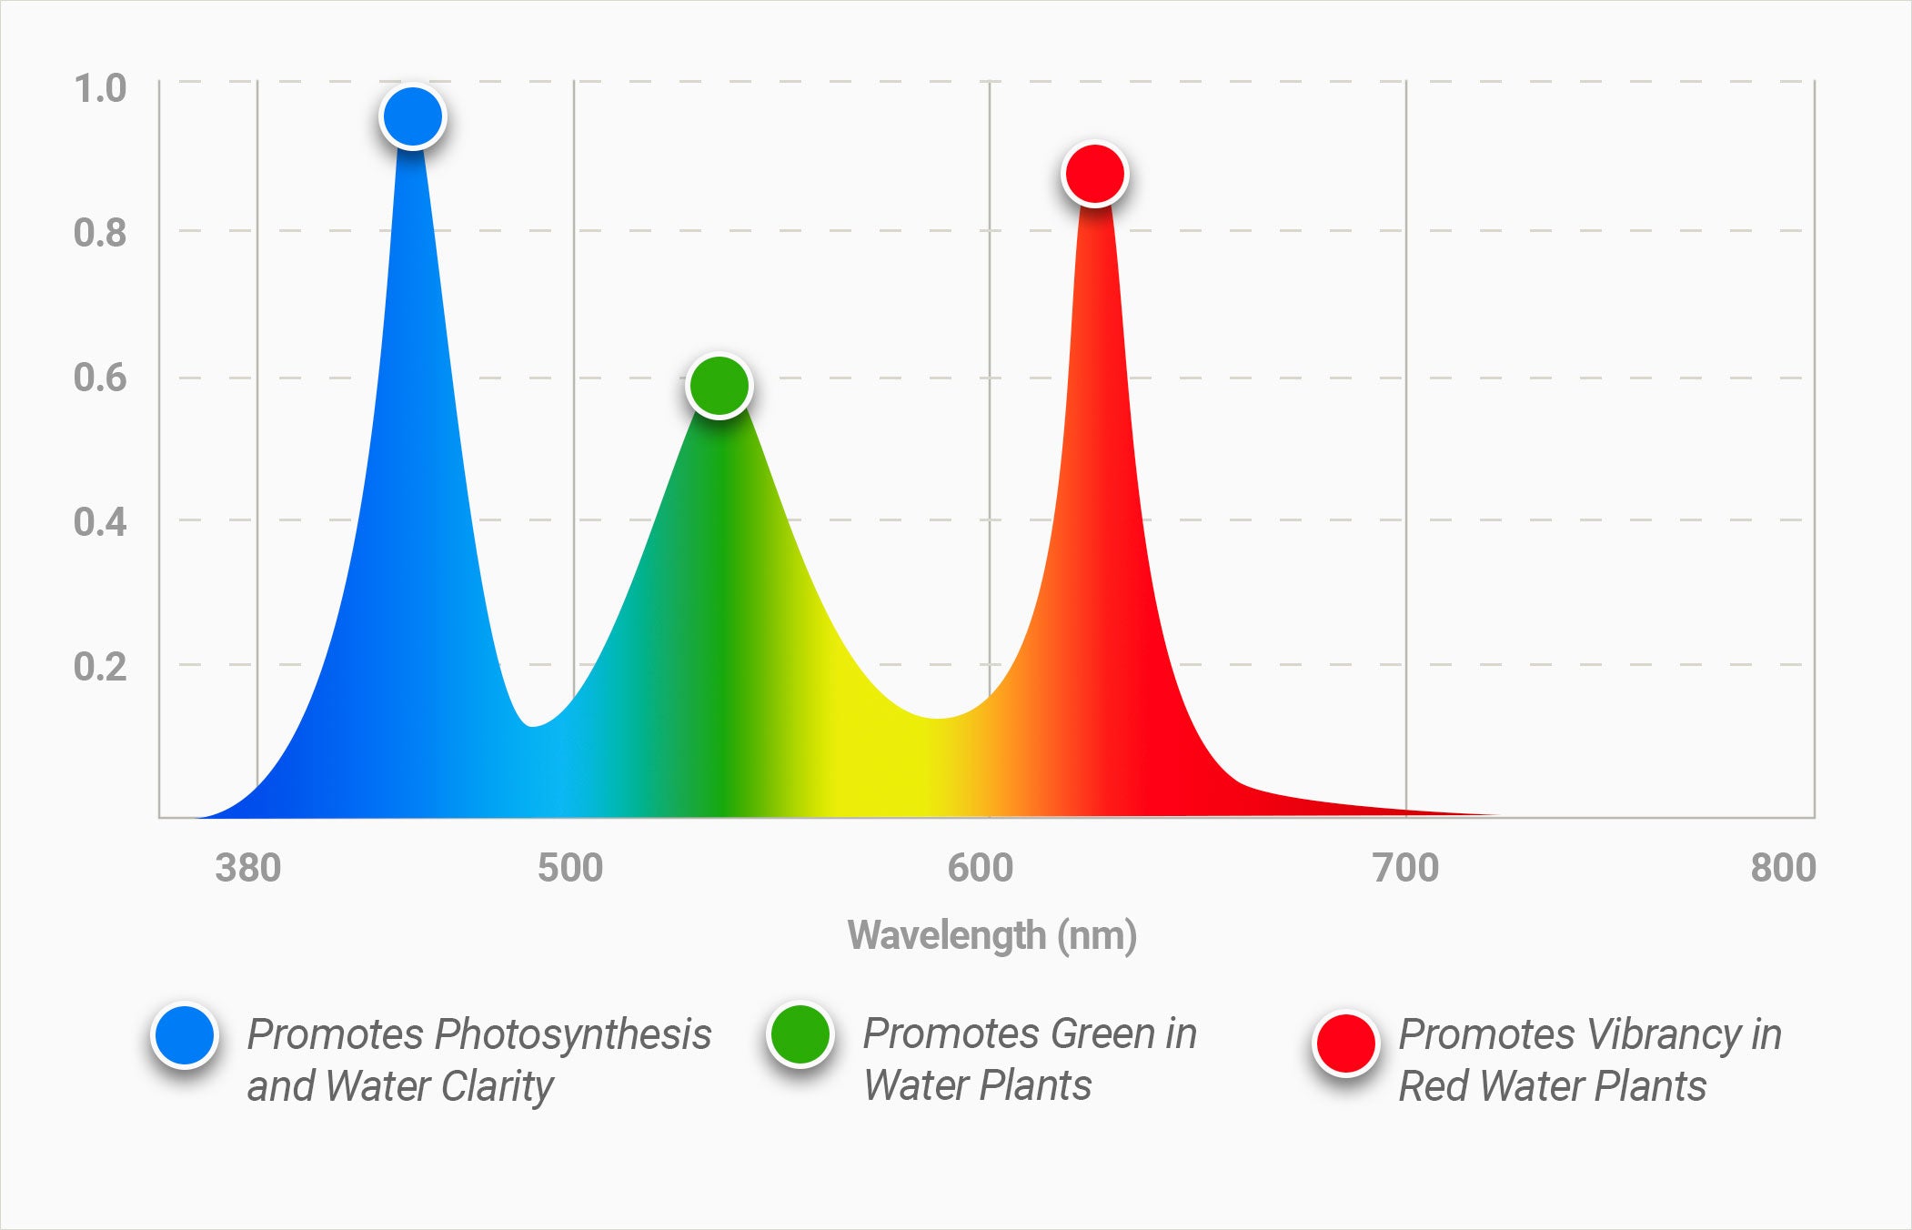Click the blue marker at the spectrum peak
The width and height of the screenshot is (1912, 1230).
[413, 117]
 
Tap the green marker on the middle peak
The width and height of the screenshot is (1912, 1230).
[720, 386]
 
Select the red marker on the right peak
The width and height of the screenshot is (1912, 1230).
[1095, 173]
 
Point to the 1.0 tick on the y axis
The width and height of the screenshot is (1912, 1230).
[100, 89]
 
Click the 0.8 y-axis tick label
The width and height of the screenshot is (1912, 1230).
[100, 233]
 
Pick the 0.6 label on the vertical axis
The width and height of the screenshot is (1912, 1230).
[100, 378]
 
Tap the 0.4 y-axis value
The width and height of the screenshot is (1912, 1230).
[100, 522]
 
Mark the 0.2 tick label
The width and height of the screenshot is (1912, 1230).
[100, 667]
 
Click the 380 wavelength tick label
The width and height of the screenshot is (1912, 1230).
[248, 868]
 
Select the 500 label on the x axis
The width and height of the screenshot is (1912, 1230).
[570, 868]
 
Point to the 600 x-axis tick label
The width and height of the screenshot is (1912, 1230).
[981, 868]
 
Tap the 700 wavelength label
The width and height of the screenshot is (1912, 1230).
[1406, 868]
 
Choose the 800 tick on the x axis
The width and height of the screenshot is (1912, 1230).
[1783, 868]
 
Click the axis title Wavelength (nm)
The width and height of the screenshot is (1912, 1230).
[992, 935]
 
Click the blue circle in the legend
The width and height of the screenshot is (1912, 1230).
[185, 1036]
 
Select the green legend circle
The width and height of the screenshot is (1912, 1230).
[800, 1034]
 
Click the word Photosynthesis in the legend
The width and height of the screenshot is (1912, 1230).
[573, 1034]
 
